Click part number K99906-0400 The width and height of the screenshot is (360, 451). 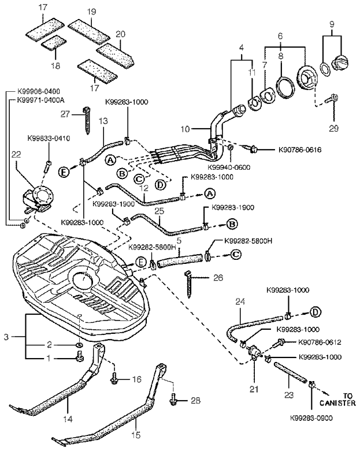39,92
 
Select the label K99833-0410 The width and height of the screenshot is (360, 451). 49,139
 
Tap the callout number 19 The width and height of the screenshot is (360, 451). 92,12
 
